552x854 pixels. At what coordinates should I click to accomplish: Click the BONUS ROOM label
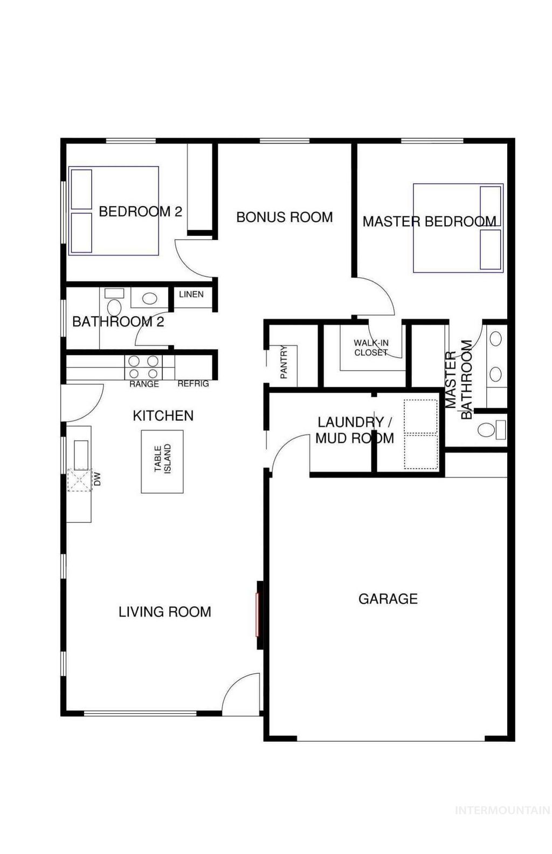[284, 217]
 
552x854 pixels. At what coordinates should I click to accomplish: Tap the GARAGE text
[388, 599]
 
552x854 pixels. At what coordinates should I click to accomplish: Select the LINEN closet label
[191, 295]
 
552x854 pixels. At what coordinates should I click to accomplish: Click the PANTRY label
[284, 363]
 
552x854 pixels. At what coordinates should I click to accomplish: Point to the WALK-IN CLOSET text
[371, 348]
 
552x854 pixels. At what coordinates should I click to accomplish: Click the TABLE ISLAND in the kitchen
[162, 461]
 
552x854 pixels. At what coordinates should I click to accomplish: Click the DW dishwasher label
[98, 479]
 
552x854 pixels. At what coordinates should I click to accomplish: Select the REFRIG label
[193, 384]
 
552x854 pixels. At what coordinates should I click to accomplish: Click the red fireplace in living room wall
[258, 614]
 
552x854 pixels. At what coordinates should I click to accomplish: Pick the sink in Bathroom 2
[149, 298]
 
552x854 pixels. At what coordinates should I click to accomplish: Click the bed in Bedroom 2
[114, 211]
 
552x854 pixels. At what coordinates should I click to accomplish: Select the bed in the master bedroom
[458, 228]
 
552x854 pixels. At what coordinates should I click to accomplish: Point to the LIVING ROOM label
[164, 612]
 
